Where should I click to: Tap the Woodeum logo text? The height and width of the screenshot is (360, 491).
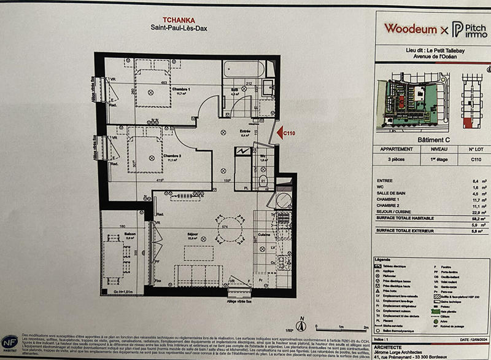pyautogui.click(x=411, y=28)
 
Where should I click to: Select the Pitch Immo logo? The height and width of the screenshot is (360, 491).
pyautogui.click(x=470, y=29)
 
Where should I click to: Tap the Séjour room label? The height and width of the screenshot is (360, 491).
pyautogui.click(x=193, y=235)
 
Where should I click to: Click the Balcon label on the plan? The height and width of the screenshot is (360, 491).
pyautogui.click(x=115, y=233)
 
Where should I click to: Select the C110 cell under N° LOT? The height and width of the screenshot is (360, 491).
pyautogui.click(x=476, y=158)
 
